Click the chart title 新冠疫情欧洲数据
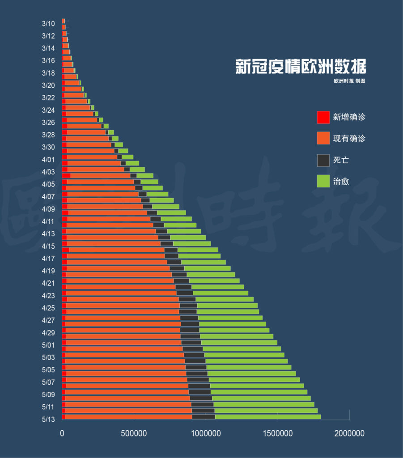(301, 66)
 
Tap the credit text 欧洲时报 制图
(349, 81)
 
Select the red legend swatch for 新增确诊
(323, 117)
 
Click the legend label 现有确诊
(349, 139)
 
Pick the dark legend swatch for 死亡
(323, 161)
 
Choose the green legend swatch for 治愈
(323, 181)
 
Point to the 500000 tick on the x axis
(134, 433)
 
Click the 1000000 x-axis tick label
(206, 433)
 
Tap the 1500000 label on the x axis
(278, 433)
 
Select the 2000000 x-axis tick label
(349, 433)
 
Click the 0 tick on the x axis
(62, 433)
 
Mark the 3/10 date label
(48, 23)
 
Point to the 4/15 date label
(48, 246)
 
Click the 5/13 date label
(48, 419)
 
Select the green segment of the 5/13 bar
(268, 417)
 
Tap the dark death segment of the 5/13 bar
(204, 417)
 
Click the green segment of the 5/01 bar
(239, 342)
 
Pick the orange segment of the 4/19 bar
(118, 268)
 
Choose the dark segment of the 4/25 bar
(188, 305)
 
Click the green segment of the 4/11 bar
(176, 219)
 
